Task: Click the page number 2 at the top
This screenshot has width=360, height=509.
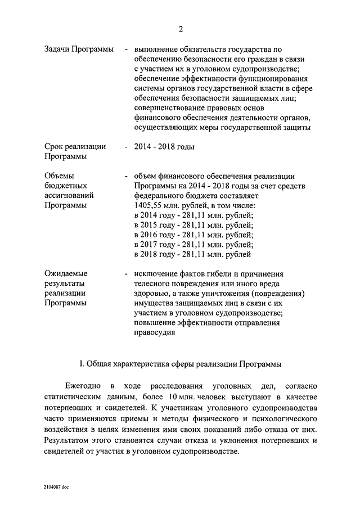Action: pyautogui.click(x=181, y=29)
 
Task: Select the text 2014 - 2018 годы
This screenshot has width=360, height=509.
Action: pyautogui.click(x=164, y=147)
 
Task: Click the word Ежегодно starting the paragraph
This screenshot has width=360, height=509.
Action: pyautogui.click(x=85, y=385)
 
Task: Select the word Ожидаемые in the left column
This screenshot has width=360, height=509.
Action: pyautogui.click(x=66, y=273)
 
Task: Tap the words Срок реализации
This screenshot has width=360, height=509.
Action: pyautogui.click(x=75, y=147)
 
